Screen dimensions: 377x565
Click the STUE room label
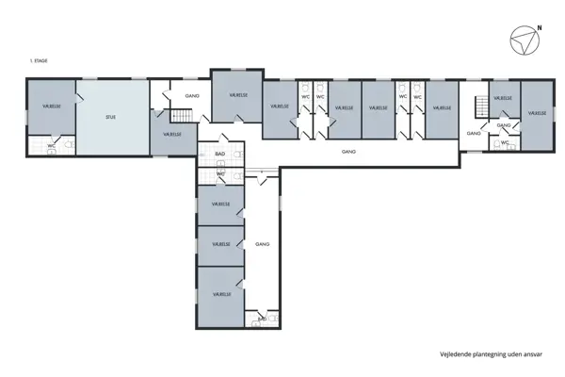click(111, 117)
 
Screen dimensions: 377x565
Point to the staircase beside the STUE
click(180, 115)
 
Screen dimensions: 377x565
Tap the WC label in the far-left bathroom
click(52, 146)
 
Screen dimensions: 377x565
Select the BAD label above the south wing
click(219, 153)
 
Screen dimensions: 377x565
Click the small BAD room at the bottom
click(262, 320)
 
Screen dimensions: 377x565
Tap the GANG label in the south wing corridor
click(262, 244)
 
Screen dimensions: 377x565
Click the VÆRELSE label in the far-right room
click(536, 113)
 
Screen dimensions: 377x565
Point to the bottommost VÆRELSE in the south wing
click(220, 295)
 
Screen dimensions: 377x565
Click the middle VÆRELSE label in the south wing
click(220, 244)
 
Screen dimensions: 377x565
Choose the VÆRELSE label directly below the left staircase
click(172, 135)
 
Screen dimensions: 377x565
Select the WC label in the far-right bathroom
click(505, 142)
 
